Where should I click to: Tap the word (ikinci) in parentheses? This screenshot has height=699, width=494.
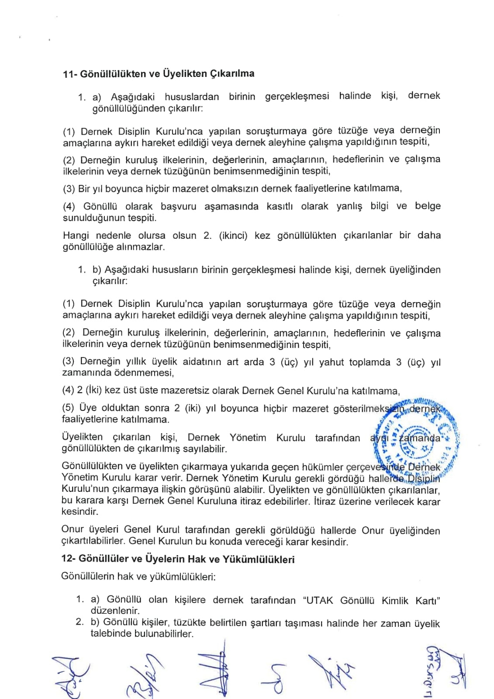231,236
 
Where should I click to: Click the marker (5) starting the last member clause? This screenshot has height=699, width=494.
69,408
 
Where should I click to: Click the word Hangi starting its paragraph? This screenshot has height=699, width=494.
76,236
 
